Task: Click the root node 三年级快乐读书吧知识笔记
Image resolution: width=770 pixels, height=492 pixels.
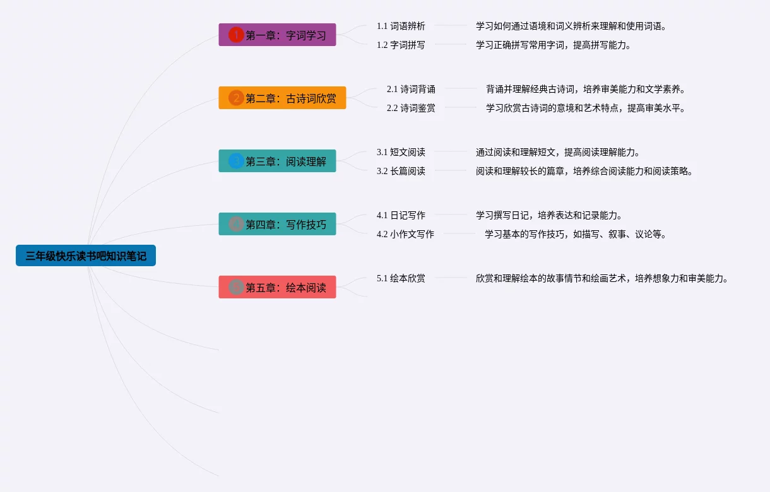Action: coord(86,255)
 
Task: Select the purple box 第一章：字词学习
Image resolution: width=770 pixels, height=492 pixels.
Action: coord(277,35)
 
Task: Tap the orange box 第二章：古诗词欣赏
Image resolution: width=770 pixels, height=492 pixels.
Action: coord(282,98)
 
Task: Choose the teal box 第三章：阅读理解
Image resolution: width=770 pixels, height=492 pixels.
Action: coord(277,161)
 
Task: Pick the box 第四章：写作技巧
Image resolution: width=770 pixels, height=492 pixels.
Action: coord(277,224)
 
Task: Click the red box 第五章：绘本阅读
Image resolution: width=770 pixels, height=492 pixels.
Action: coord(277,287)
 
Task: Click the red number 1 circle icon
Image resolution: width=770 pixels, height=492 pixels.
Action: coord(236,35)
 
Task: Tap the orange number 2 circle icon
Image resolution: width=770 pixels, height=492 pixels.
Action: coord(236,98)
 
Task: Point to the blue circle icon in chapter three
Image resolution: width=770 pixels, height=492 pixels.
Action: coord(236,161)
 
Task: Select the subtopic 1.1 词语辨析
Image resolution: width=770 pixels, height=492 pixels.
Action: coord(401,26)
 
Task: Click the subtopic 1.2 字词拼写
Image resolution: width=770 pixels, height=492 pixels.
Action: coord(401,45)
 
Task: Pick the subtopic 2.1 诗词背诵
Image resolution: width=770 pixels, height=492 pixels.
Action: coord(411,89)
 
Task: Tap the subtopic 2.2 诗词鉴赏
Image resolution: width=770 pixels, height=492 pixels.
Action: coord(411,108)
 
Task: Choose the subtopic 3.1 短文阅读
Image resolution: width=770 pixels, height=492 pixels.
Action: coord(401,152)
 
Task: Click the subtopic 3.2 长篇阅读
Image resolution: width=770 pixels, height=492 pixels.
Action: coord(401,171)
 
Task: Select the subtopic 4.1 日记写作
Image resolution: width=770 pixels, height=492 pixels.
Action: coord(401,215)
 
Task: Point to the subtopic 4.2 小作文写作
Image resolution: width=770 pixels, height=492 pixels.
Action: coord(405,234)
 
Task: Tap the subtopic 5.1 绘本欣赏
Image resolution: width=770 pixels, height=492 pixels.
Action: coord(401,278)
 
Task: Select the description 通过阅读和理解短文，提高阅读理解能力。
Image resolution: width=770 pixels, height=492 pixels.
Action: coord(558,152)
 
